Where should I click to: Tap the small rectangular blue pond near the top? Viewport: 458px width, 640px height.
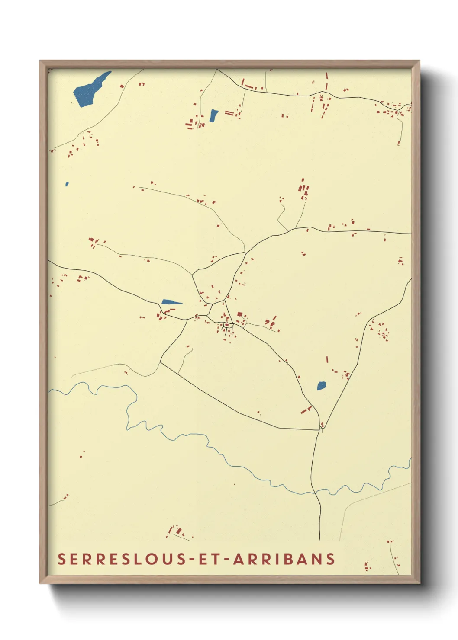click(213, 115)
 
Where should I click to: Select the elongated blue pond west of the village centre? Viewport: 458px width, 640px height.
click(171, 302)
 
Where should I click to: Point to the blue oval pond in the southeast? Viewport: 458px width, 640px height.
click(321, 385)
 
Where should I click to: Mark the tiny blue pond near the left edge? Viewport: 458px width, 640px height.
click(67, 184)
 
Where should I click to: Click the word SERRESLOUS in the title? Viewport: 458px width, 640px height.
click(122, 559)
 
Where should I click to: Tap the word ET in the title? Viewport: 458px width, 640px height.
click(210, 559)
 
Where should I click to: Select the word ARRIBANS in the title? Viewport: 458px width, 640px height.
click(284, 559)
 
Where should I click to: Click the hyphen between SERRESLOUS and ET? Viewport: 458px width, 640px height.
click(193, 560)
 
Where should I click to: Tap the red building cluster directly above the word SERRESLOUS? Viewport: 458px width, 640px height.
click(177, 531)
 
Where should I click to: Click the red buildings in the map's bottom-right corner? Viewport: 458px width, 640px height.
click(368, 566)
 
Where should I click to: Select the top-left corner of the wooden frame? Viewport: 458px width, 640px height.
click(40, 61)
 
